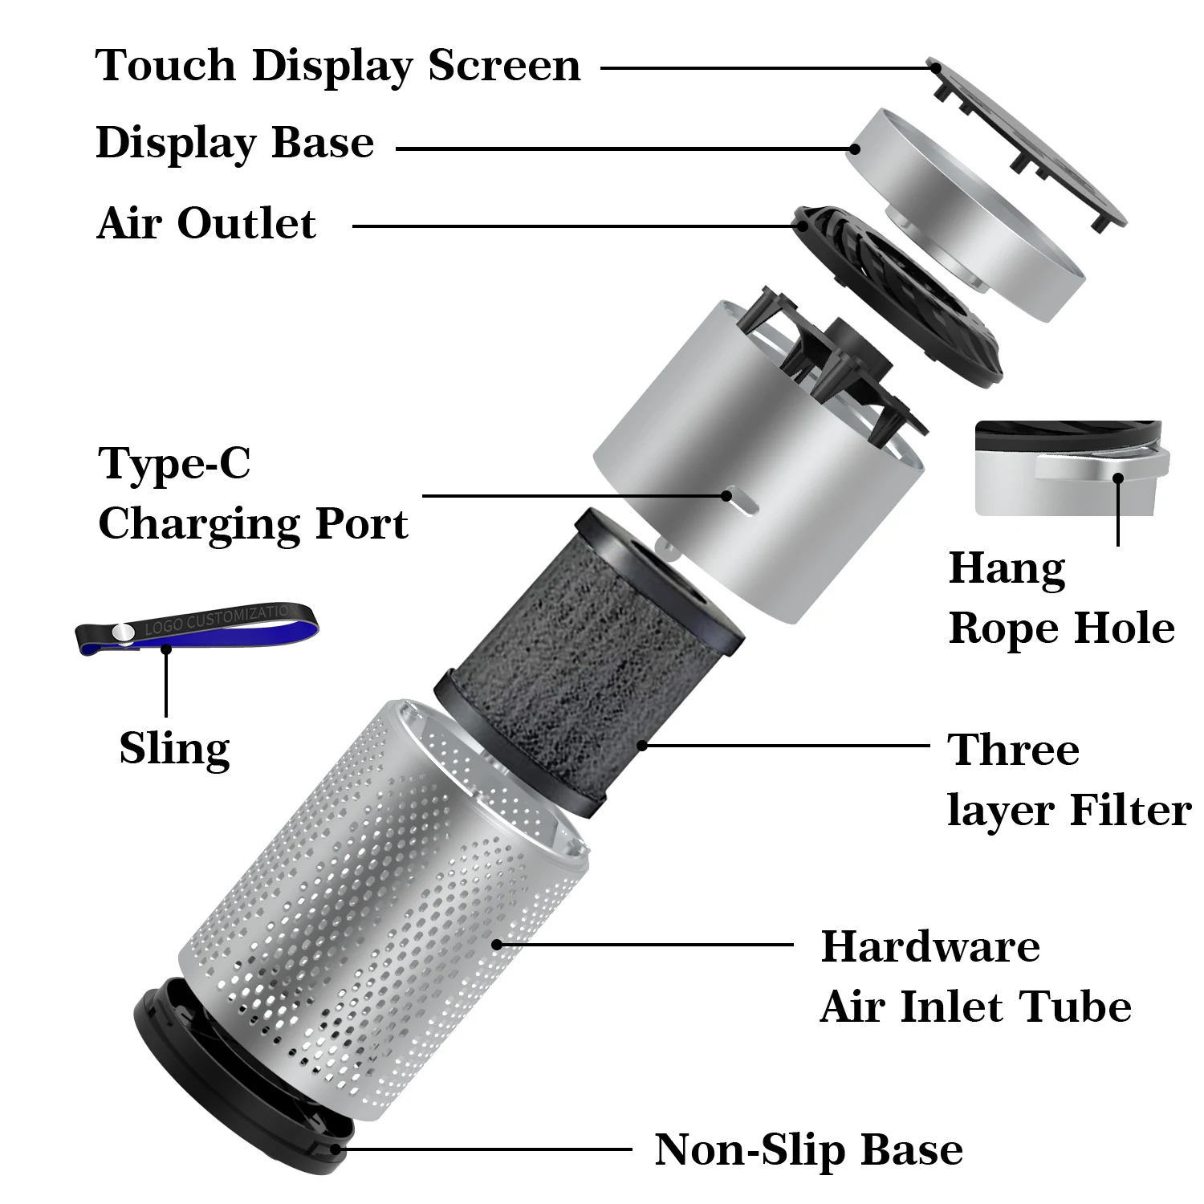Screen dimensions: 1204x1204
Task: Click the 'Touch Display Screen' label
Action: click(x=338, y=65)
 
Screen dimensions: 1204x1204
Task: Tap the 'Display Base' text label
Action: click(x=234, y=144)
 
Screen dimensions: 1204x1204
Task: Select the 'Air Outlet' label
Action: click(x=206, y=223)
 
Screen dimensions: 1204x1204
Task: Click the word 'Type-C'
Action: click(x=174, y=463)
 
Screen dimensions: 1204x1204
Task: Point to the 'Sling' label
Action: click(x=174, y=748)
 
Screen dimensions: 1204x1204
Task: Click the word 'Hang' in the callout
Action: click(x=1007, y=569)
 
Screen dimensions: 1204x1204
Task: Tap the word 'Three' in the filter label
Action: click(x=1013, y=750)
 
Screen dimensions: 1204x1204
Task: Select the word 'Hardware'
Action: click(x=930, y=946)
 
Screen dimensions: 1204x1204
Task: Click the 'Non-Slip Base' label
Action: click(x=808, y=1149)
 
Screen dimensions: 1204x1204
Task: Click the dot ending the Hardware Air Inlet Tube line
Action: click(x=497, y=945)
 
